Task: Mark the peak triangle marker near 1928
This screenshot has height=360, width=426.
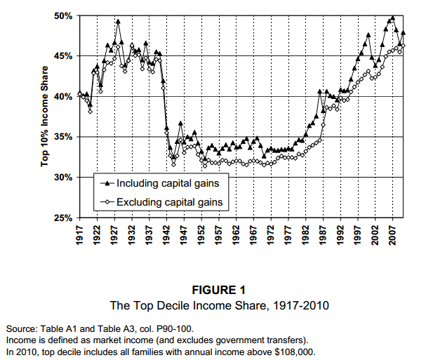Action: pos(118,22)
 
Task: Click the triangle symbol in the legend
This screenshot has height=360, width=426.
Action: pos(106,183)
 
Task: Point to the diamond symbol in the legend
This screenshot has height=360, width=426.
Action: pos(106,202)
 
